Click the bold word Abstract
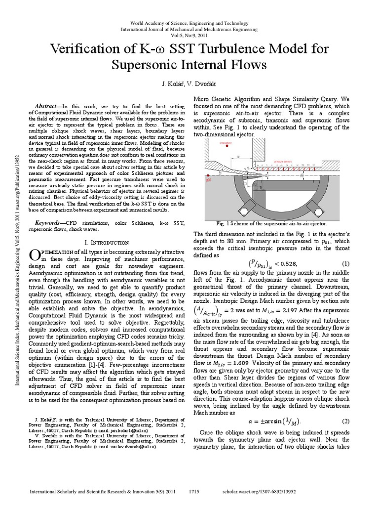pyautogui.click(x=48, y=107)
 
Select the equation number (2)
pyautogui.click(x=345, y=421)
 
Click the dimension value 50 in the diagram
pyautogui.click(x=239, y=156)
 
